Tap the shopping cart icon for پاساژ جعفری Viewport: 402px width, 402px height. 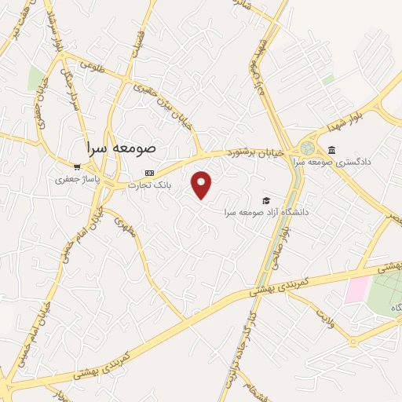pos(76,166)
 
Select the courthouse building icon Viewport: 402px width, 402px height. pos(332,151)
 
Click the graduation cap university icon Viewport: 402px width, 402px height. pos(266,200)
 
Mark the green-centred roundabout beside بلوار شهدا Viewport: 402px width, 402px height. pos(307,148)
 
